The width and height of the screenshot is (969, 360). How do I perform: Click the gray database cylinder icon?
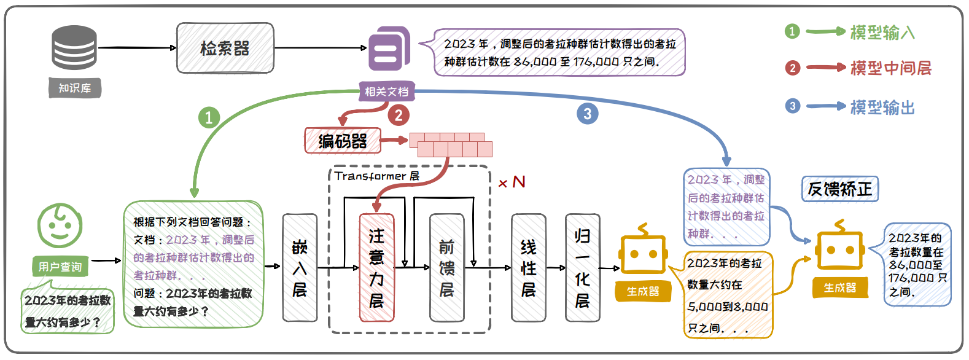74,47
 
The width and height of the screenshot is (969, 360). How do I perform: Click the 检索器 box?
225,48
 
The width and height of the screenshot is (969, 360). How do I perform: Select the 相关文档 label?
386,92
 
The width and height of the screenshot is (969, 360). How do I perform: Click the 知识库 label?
75,88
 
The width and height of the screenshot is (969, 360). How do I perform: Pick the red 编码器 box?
343,141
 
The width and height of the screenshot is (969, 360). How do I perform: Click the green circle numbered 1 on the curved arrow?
209,117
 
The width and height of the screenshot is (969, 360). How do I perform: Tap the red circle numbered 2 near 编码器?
399,115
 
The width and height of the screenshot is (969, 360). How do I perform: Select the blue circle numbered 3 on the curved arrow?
587,114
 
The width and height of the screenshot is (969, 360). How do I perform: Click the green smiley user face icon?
60,226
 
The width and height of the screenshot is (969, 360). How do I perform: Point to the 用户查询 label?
60,267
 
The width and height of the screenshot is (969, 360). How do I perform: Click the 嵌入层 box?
300,268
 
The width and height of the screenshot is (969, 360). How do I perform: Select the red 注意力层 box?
376,268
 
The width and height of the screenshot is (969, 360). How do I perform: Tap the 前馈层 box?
446,268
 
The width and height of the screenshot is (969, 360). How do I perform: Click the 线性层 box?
528,268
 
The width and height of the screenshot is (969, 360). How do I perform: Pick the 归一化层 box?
582,268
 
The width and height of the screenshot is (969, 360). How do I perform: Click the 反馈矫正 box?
839,189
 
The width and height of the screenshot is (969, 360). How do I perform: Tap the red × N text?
512,182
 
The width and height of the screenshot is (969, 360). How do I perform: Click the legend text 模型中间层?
890,68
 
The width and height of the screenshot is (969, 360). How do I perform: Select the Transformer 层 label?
377,176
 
